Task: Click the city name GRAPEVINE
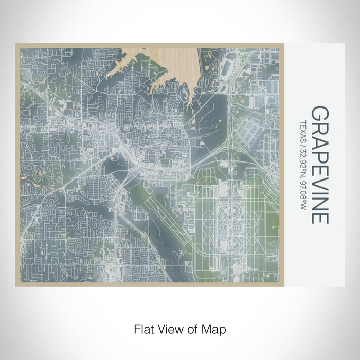pyautogui.click(x=319, y=165)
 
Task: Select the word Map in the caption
pyautogui.click(x=213, y=328)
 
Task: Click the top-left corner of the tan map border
pyautogui.click(x=16, y=44)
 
